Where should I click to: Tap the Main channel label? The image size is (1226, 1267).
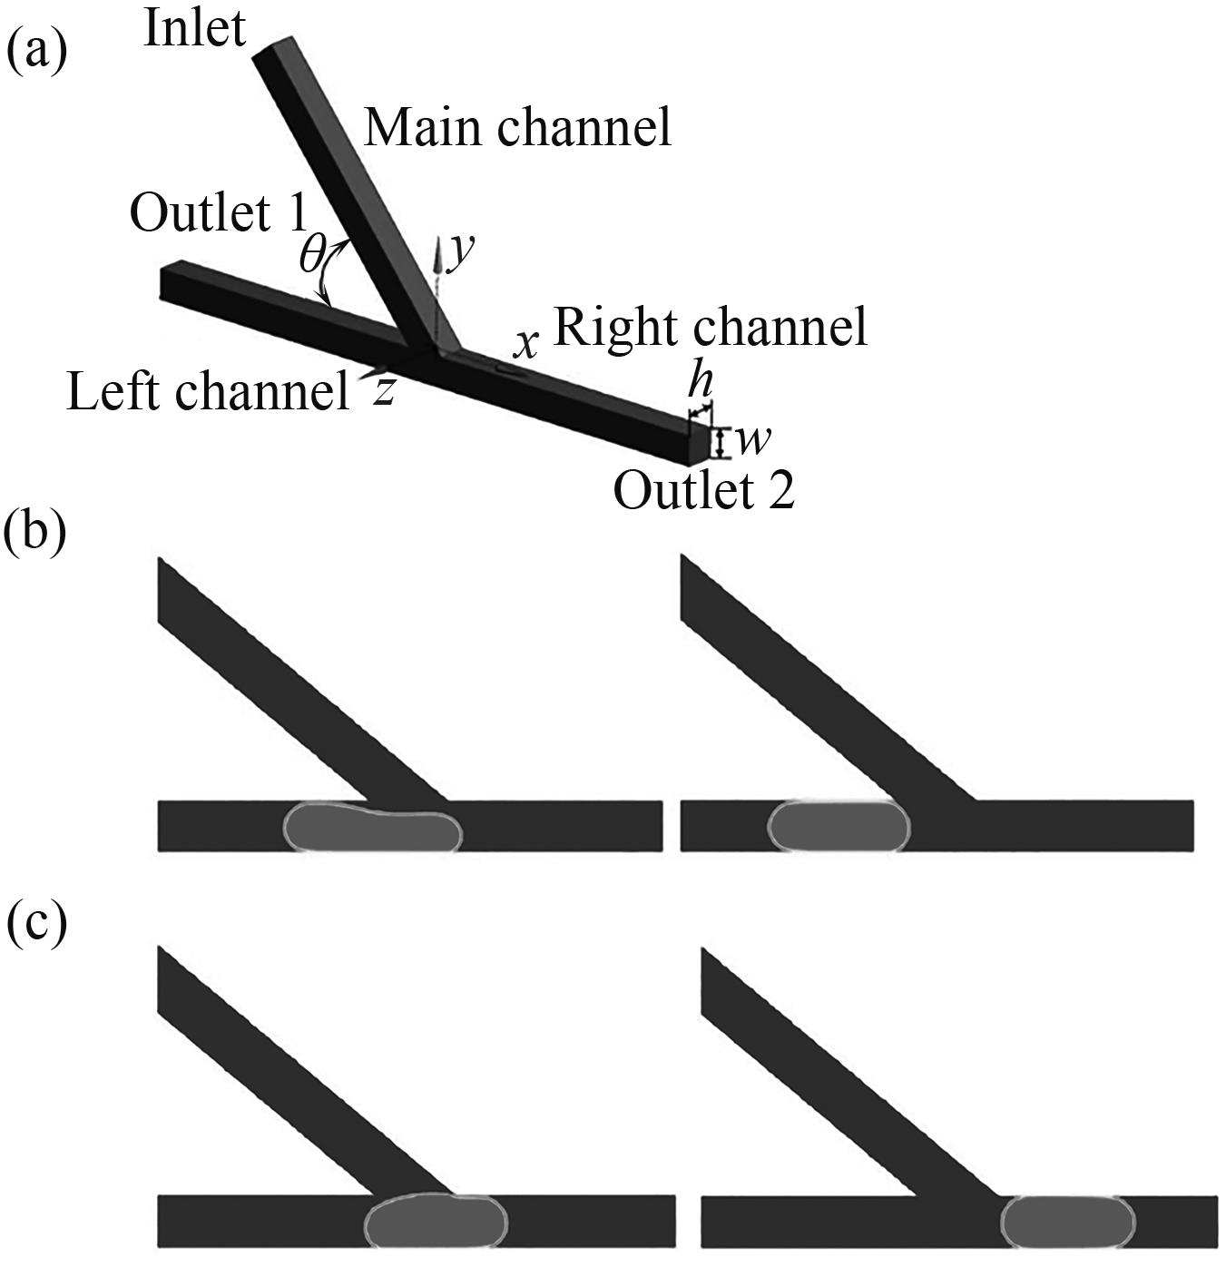click(x=517, y=126)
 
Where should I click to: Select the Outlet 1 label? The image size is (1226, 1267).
click(x=218, y=213)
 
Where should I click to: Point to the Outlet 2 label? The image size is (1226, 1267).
click(x=704, y=491)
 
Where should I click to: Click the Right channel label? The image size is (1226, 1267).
click(x=710, y=327)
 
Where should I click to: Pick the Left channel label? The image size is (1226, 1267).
click(x=208, y=392)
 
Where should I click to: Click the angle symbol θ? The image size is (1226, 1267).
click(x=311, y=257)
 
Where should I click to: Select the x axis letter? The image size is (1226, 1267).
click(x=525, y=344)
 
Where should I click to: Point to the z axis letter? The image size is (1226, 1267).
click(x=387, y=390)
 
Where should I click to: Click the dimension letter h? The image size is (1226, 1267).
click(x=699, y=380)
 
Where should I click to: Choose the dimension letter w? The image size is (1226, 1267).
click(x=752, y=440)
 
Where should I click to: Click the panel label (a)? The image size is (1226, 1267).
click(x=36, y=51)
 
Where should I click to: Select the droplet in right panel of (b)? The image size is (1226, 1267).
click(x=838, y=827)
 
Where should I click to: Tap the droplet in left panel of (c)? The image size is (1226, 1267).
click(x=435, y=1221)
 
